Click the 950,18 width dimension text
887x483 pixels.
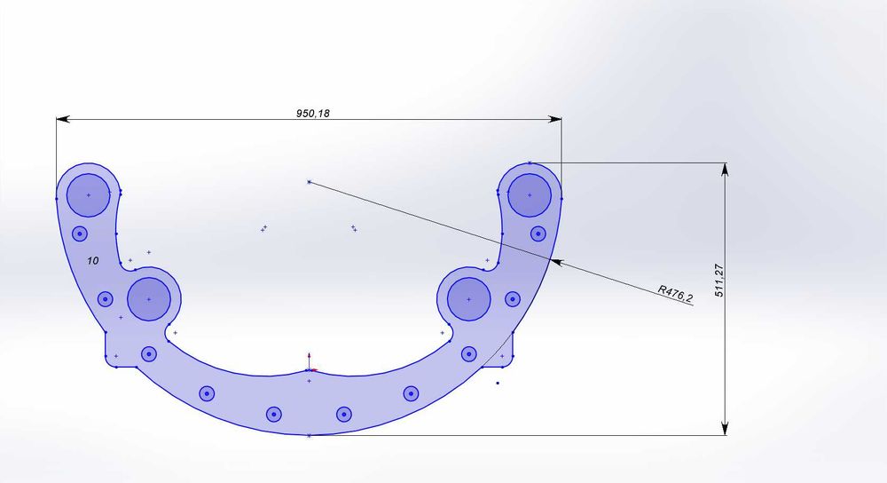click(x=313, y=114)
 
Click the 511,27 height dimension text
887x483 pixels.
click(x=719, y=281)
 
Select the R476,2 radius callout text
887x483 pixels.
click(x=675, y=294)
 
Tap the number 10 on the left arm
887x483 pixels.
click(x=93, y=260)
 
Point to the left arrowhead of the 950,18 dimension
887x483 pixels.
click(x=63, y=119)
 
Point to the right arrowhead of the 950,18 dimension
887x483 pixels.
click(x=555, y=119)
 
